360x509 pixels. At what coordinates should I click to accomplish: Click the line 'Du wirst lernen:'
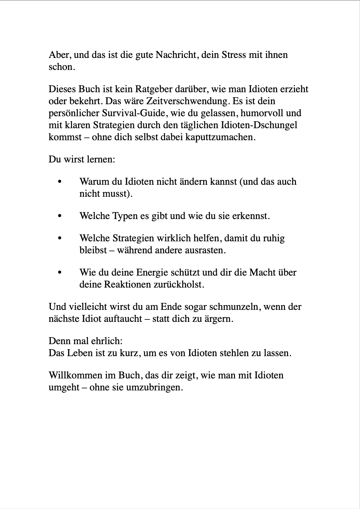tap(82, 159)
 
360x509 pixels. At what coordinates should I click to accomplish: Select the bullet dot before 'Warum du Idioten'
tap(60, 182)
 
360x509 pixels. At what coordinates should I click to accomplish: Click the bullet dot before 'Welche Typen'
tap(60, 216)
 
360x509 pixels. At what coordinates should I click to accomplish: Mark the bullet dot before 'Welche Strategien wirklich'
tap(60, 239)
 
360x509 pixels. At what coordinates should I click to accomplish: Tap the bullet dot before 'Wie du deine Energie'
tap(60, 273)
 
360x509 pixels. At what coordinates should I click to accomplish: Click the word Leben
tap(79, 353)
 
